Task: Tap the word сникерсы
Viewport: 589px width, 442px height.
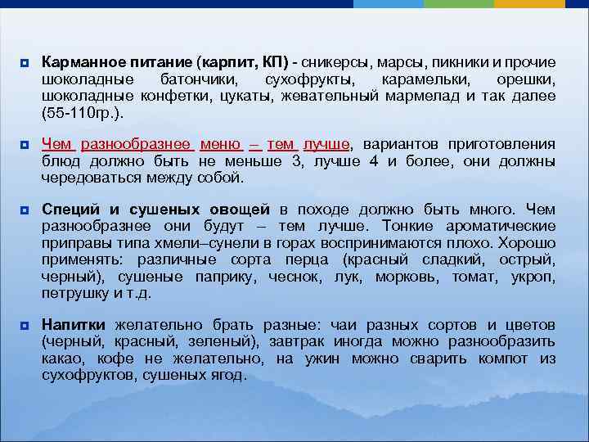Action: [x=335, y=63]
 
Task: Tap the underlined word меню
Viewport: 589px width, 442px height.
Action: [x=219, y=145]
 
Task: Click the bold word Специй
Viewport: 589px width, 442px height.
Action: [x=68, y=210]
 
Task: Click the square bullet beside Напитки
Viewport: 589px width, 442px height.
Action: [x=25, y=326]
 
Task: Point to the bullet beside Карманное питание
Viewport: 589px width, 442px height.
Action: [x=25, y=64]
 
